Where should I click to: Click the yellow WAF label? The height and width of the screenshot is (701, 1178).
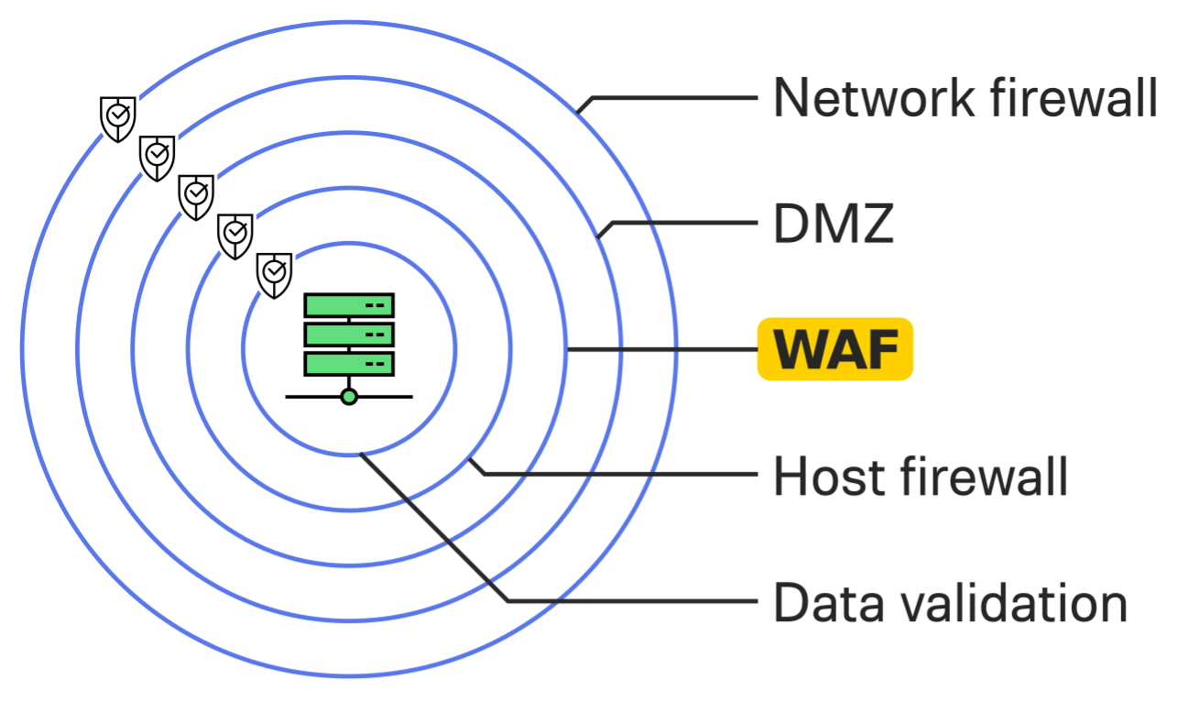834,349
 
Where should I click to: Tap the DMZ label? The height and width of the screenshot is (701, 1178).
833,224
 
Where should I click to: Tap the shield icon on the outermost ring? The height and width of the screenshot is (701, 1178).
118,117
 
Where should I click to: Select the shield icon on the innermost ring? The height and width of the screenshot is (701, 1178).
274,274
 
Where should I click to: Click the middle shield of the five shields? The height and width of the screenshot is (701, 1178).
196,195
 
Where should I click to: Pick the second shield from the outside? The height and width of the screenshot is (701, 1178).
158,157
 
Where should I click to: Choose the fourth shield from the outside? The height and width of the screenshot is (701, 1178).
235,235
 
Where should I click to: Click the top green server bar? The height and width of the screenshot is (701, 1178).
349,305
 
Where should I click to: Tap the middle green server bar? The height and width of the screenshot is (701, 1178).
349,334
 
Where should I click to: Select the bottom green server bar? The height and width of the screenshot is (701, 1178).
349,364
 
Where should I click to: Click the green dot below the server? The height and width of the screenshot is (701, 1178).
349,397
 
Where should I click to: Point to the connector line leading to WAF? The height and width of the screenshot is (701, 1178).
660,349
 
